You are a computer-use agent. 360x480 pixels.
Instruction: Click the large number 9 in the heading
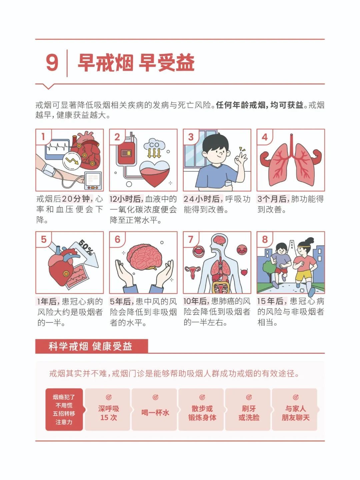pos(52,63)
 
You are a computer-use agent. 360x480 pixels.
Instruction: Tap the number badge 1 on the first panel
pos(43,136)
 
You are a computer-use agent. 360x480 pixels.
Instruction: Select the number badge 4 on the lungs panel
pos(264,137)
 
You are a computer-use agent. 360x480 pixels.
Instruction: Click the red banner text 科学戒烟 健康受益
pos(90,346)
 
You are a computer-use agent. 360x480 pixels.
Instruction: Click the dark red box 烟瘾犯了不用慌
pos(64,410)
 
